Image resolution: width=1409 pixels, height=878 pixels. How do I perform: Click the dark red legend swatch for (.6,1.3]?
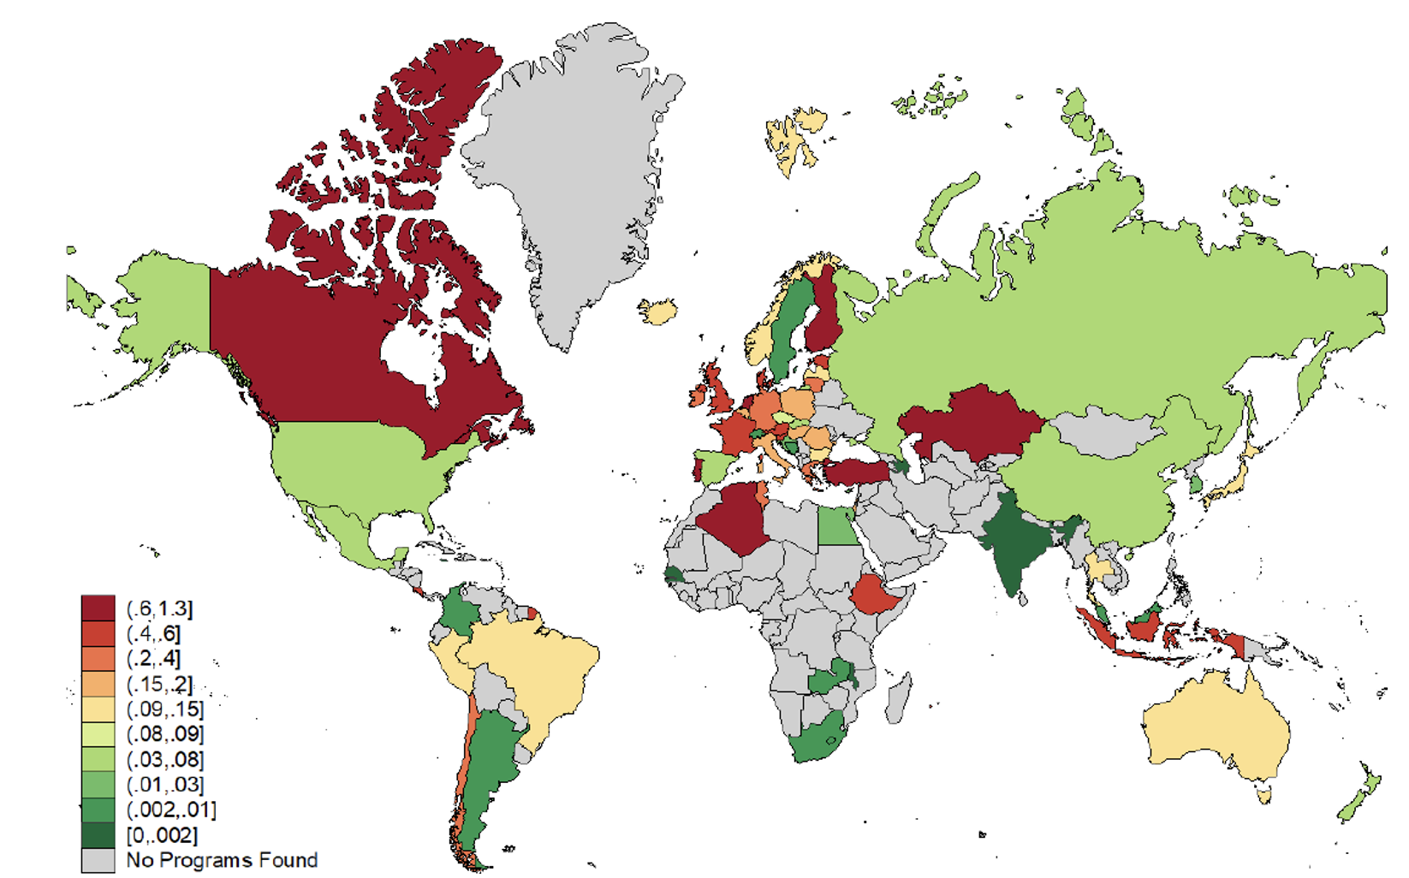(x=98, y=608)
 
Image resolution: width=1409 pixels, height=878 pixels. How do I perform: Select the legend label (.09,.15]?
(x=165, y=709)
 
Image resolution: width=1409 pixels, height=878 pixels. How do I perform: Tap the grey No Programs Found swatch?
(x=98, y=860)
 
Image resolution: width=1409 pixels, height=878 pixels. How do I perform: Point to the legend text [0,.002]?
(x=162, y=835)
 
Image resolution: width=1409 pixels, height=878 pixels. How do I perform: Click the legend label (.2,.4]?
(x=154, y=659)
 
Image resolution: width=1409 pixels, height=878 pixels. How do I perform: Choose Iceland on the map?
(x=657, y=311)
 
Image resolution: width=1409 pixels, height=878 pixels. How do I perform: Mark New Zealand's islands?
(x=1361, y=796)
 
